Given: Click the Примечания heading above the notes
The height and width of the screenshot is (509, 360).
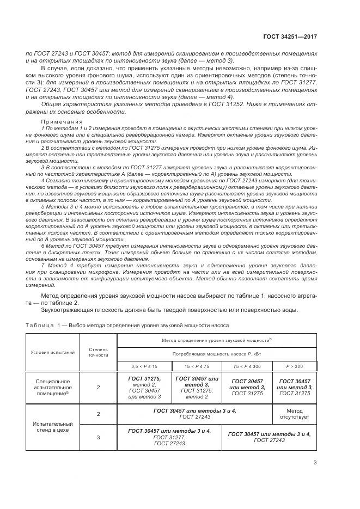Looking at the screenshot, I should click(x=62, y=121).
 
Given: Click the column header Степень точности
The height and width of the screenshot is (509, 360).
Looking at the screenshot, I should click(x=99, y=352).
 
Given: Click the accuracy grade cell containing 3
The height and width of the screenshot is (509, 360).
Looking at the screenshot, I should click(x=99, y=437).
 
